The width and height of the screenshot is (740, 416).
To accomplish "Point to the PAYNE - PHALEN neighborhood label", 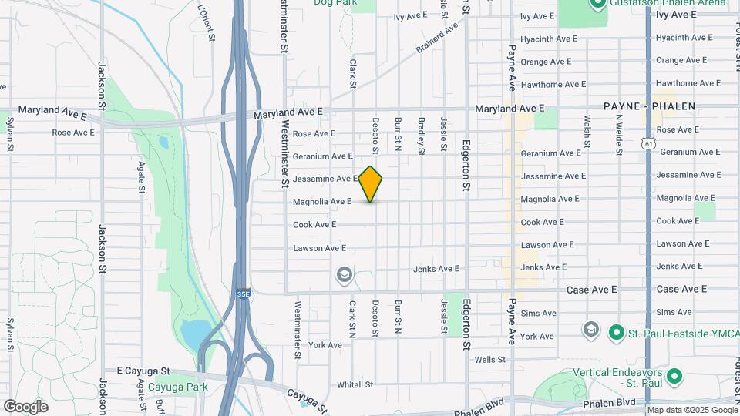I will [x=649, y=106].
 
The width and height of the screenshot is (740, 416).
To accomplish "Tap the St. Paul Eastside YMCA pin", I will [x=616, y=333].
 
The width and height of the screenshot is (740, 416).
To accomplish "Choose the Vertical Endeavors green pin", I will [x=674, y=377].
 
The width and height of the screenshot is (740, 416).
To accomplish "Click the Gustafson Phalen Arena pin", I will [x=596, y=4].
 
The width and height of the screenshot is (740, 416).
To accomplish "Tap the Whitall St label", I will [x=355, y=384].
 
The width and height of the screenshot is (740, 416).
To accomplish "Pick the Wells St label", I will [x=489, y=360].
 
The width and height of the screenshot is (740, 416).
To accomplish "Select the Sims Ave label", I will [x=538, y=314].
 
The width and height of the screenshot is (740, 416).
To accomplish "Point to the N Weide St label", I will [x=618, y=134].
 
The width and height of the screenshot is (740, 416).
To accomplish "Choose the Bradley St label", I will [x=422, y=136].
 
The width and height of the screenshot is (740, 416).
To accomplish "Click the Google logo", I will [x=25, y=406].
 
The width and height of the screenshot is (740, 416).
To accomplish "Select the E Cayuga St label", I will [x=143, y=371].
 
